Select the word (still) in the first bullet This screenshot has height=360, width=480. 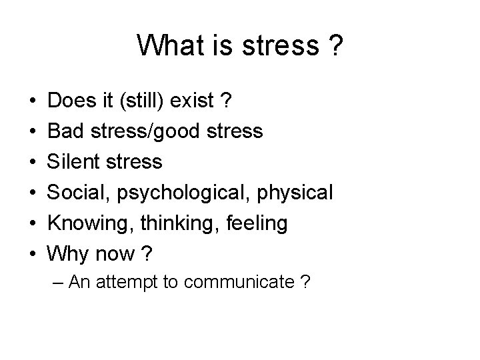(139, 101)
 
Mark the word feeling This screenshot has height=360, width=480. (260, 223)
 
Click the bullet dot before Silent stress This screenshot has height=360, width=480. (32, 162)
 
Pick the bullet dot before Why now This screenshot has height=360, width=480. (32, 254)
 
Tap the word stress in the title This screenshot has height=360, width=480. (282, 45)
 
